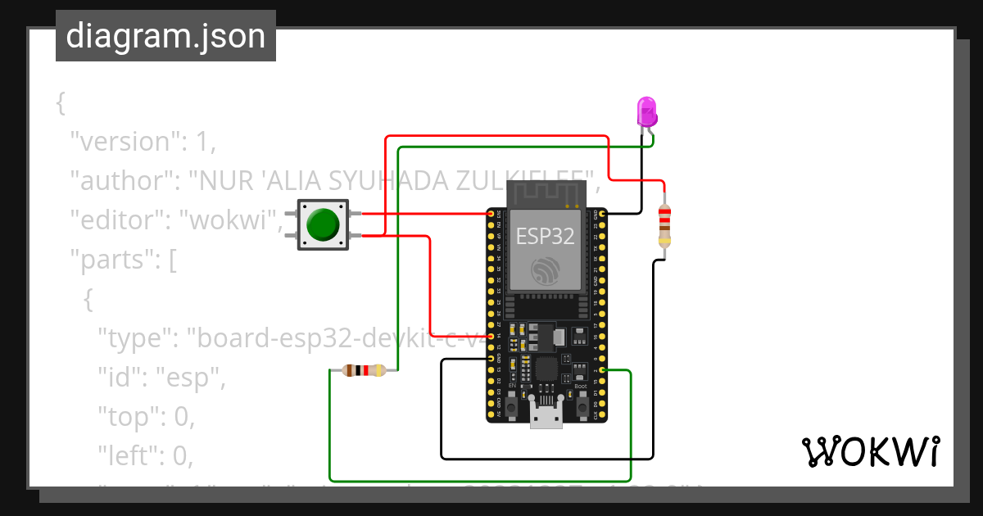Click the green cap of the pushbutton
pyautogui.click(x=322, y=224)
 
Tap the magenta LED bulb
pyautogui.click(x=647, y=111)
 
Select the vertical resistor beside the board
pyautogui.click(x=664, y=225)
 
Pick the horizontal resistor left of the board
pyautogui.click(x=364, y=370)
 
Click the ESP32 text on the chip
pyautogui.click(x=546, y=237)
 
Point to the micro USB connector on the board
pyautogui.click(x=546, y=415)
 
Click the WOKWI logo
pyautogui.click(x=870, y=451)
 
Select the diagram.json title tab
pyautogui.click(x=165, y=36)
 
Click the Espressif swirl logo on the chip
pyautogui.click(x=546, y=271)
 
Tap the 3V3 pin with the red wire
pyautogui.click(x=491, y=214)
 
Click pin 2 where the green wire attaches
pyautogui.click(x=603, y=370)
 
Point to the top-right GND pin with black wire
pyautogui.click(x=603, y=214)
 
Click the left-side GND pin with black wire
pyautogui.click(x=491, y=359)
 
